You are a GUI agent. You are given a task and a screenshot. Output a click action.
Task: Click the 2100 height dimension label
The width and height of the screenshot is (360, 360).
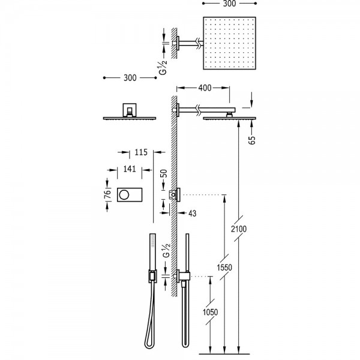[x=239, y=229]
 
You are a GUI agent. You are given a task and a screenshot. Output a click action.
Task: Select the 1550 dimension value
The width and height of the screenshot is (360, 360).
[x=224, y=267]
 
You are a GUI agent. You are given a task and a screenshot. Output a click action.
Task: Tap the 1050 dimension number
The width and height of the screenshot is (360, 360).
[x=211, y=312]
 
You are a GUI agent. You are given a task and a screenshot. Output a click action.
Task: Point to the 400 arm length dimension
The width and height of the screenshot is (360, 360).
[x=205, y=88]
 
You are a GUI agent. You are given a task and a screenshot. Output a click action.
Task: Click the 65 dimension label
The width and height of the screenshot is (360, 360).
[x=252, y=140]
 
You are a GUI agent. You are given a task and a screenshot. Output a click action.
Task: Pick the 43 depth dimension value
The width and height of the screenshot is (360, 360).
[x=193, y=213]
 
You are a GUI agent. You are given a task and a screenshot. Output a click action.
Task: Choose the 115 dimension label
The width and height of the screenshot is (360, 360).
[x=141, y=152]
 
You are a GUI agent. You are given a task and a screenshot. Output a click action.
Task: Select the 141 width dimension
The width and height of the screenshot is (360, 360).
[x=130, y=169]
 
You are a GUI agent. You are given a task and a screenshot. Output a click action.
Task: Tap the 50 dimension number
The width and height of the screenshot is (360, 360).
[x=163, y=173]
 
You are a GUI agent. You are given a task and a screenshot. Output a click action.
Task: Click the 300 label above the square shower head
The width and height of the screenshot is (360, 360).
[x=229, y=4]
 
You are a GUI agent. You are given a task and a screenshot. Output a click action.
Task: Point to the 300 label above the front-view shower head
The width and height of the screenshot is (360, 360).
[x=130, y=78]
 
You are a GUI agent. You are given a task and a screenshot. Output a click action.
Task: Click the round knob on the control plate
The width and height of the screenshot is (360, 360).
[x=124, y=195]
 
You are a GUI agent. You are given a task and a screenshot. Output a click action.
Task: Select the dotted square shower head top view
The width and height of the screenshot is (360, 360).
[x=229, y=43]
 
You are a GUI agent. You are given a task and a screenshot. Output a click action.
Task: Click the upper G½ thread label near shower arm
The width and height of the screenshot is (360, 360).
[x=163, y=67]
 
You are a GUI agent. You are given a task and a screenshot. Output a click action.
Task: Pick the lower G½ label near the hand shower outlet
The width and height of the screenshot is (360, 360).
[x=166, y=251]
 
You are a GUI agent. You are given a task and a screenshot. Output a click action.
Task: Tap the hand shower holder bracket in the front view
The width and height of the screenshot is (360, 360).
[x=152, y=276]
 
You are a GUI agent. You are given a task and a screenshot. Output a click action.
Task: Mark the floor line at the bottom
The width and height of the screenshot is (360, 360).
[x=224, y=354]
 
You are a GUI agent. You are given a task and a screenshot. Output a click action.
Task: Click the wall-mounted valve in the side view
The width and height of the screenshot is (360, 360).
[x=175, y=195]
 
